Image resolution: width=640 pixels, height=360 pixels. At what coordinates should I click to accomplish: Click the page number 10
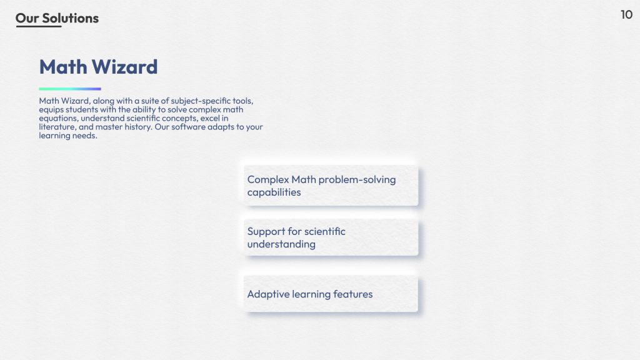(x=626, y=15)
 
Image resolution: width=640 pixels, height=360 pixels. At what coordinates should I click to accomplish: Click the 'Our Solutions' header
(x=57, y=18)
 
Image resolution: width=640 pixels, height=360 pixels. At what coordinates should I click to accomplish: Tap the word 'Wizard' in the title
(x=124, y=67)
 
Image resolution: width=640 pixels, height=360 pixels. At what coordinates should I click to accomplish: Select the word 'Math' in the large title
(x=63, y=67)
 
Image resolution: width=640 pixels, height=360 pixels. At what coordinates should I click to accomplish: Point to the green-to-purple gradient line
(x=70, y=89)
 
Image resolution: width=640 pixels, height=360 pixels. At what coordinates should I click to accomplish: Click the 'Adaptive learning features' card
(x=331, y=294)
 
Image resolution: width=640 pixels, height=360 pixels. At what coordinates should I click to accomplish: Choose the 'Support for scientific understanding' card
(x=331, y=237)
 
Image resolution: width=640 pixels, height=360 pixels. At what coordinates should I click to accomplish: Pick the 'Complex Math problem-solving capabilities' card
(x=331, y=185)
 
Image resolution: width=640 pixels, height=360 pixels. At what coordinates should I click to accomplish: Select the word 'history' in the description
(x=138, y=127)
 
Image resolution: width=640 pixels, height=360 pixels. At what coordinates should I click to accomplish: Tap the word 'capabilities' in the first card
(x=274, y=192)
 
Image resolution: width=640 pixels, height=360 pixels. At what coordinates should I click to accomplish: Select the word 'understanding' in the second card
(x=281, y=244)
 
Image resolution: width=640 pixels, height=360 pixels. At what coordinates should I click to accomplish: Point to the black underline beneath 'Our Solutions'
(x=39, y=26)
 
